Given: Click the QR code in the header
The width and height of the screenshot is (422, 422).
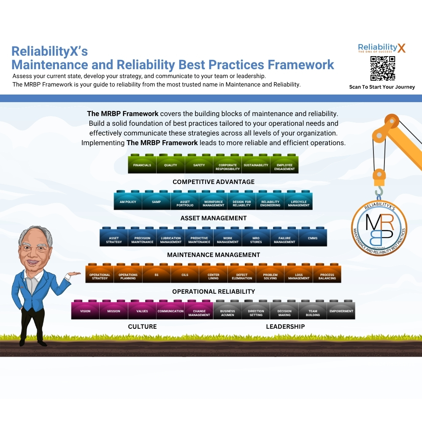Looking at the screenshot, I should tap(382, 68).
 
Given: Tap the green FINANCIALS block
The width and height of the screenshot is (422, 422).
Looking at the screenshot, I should tap(142, 165).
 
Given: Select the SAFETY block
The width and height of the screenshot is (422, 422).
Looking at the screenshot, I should tap(199, 165).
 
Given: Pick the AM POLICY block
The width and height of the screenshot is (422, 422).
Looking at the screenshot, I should tap(128, 202).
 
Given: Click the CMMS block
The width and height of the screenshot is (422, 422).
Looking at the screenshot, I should tap(313, 238).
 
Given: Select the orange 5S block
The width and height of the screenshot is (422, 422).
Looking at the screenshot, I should tap(157, 275).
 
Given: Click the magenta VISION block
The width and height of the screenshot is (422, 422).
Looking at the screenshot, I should tap(85, 311).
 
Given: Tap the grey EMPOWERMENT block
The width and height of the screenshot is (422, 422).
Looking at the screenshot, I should tap(341, 311).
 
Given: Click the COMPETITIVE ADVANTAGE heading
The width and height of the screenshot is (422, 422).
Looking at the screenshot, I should tap(214, 182).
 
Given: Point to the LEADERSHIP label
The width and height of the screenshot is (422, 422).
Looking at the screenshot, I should tap(285, 327).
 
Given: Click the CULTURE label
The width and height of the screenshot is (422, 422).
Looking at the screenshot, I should tap(142, 327).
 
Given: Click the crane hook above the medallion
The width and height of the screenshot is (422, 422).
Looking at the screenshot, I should tap(379, 190).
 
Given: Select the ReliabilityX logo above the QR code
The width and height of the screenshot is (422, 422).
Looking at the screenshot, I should tap(381, 48).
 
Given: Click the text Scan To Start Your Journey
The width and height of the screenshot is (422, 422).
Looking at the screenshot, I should tap(382, 87).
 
